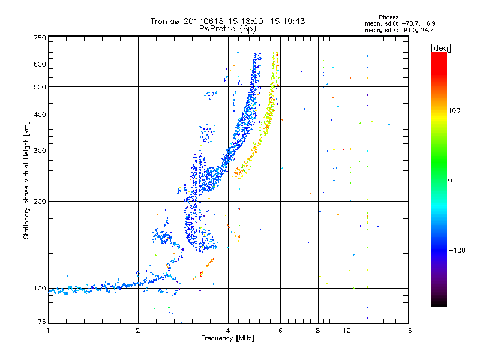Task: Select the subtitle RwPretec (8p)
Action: pyautogui.click(x=227, y=29)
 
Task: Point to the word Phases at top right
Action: pyautogui.click(x=388, y=17)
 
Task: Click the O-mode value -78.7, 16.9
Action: pyautogui.click(x=418, y=23)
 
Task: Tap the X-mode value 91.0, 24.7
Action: pyautogui.click(x=418, y=30)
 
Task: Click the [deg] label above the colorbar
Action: pyautogui.click(x=440, y=48)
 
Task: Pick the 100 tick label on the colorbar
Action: pyautogui.click(x=454, y=110)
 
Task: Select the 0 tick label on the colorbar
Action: pyautogui.click(x=450, y=181)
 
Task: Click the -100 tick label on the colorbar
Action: pyautogui.click(x=457, y=250)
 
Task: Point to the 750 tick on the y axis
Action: pyautogui.click(x=40, y=38)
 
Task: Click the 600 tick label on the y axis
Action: pyautogui.click(x=40, y=64)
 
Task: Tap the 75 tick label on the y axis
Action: pyautogui.click(x=42, y=322)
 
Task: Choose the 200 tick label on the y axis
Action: pyautogui.click(x=40, y=202)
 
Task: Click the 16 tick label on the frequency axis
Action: pyautogui.click(x=408, y=331)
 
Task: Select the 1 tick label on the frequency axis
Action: pyautogui.click(x=48, y=331)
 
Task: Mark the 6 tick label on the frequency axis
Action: pyautogui.click(x=280, y=331)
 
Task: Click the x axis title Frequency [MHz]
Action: pyautogui.click(x=227, y=338)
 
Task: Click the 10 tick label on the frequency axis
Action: pyautogui.click(x=347, y=331)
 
